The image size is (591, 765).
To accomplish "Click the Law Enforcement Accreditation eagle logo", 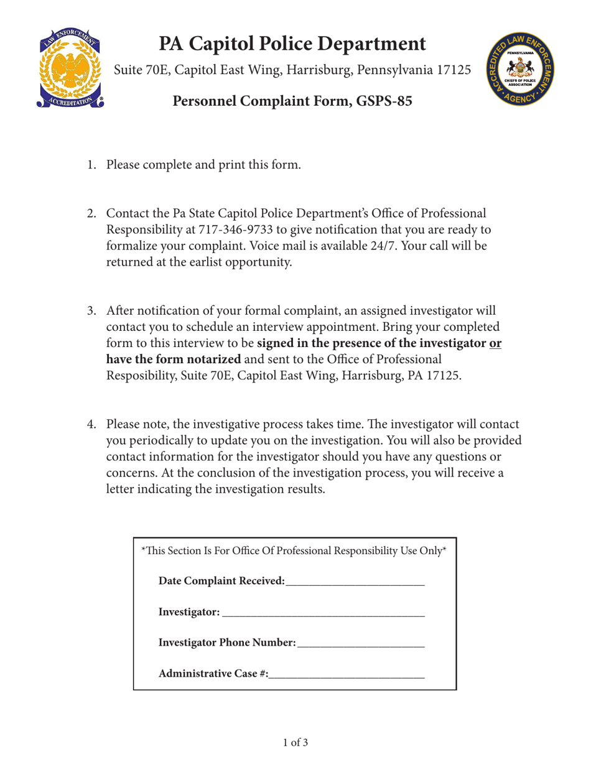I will click(x=69, y=68).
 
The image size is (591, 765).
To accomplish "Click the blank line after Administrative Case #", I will click(x=347, y=673).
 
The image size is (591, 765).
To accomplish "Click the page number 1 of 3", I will click(x=295, y=742).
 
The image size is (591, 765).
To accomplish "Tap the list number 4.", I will click(x=91, y=425).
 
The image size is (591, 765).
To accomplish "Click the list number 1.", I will click(x=91, y=165).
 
